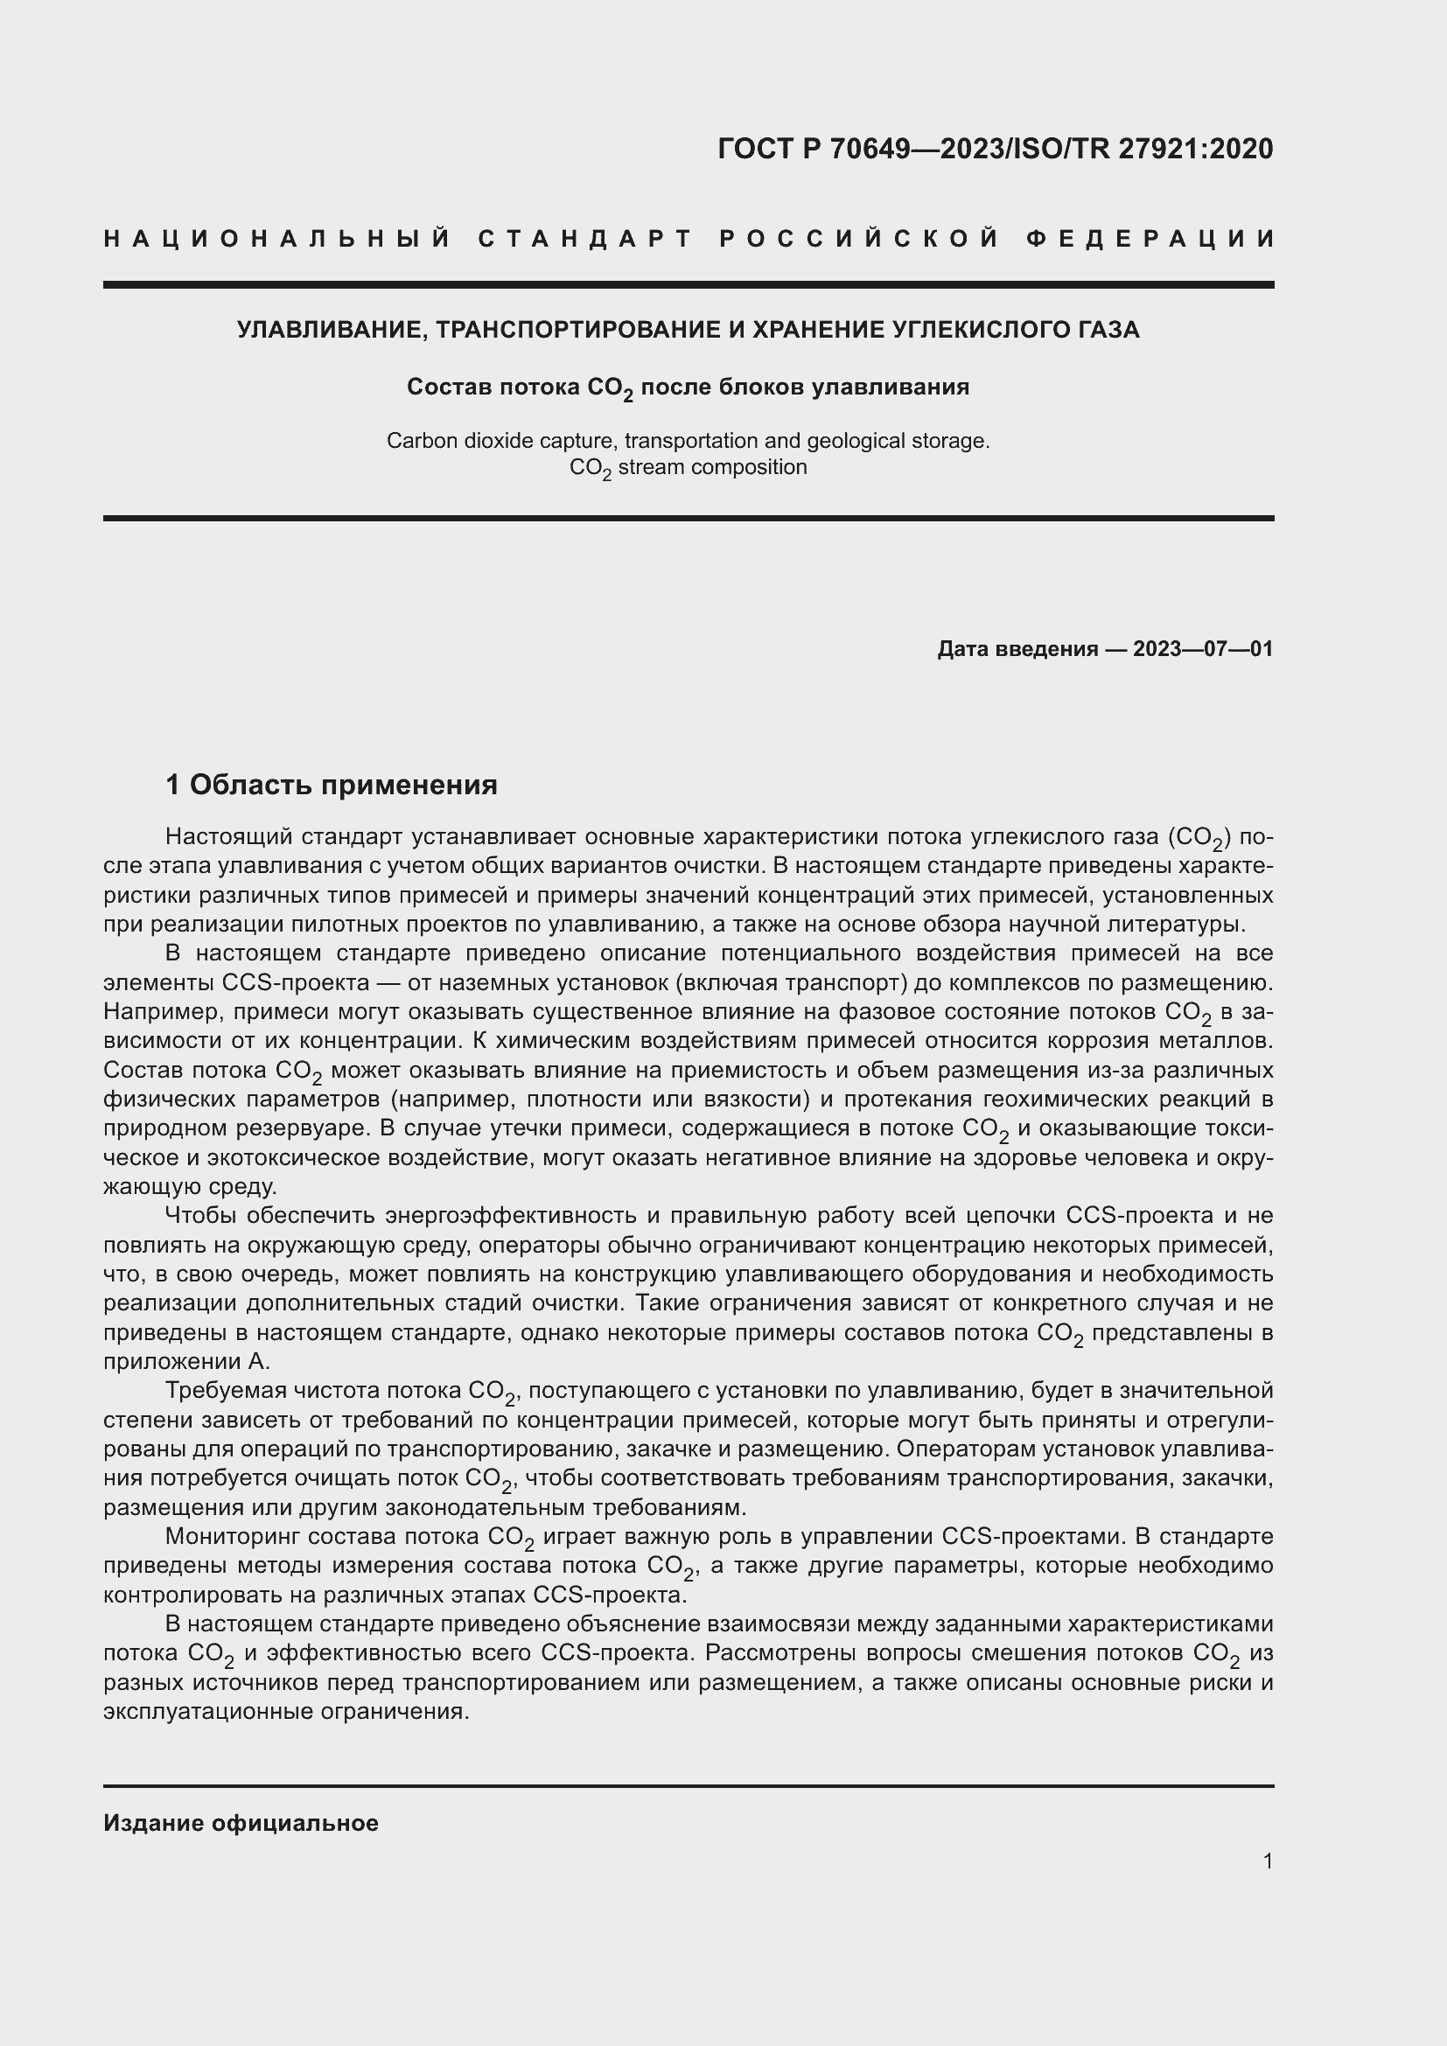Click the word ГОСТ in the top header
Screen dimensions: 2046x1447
coord(756,149)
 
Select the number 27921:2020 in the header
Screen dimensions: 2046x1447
coord(1196,149)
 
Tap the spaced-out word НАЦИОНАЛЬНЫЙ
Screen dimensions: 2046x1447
coord(277,239)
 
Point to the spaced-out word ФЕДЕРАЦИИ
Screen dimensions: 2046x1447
coord(1150,239)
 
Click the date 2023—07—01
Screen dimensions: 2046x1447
coord(1203,649)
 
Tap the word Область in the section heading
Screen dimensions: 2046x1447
coord(250,784)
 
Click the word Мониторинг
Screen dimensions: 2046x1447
coord(236,1536)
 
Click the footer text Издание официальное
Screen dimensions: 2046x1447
coord(241,1823)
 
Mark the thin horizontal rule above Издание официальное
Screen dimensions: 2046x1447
coord(688,1787)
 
